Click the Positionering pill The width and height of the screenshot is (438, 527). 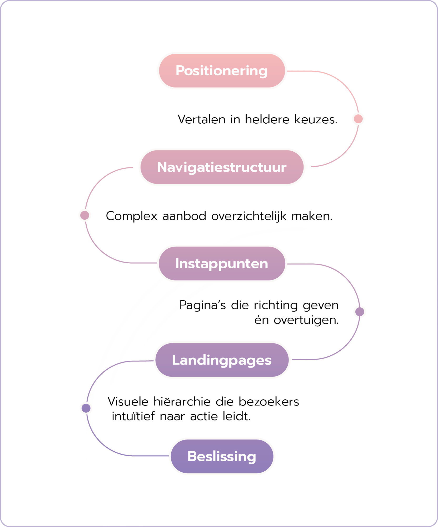[222, 71]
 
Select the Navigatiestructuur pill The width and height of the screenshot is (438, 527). [222, 167]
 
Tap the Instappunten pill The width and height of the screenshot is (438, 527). [222, 264]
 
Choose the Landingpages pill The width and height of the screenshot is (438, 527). [222, 360]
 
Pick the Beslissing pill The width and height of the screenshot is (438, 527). [222, 457]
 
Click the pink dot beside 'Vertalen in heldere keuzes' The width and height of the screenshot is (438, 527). [358, 119]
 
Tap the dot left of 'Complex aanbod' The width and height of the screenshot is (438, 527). [85, 215]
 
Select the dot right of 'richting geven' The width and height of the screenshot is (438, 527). [360, 312]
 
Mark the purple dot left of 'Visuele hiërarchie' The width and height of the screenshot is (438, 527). [86, 408]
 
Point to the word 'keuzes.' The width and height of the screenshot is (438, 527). [315, 119]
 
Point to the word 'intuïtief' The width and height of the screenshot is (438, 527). [133, 417]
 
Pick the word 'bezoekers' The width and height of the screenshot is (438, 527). [269, 402]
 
